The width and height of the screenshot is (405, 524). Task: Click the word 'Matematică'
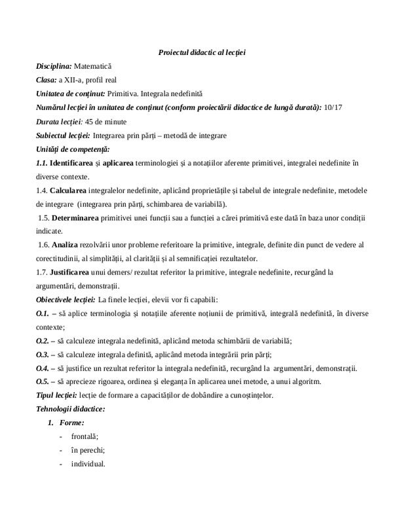94,66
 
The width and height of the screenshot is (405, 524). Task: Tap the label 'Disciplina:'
54,66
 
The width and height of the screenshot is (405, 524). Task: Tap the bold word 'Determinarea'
76,217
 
